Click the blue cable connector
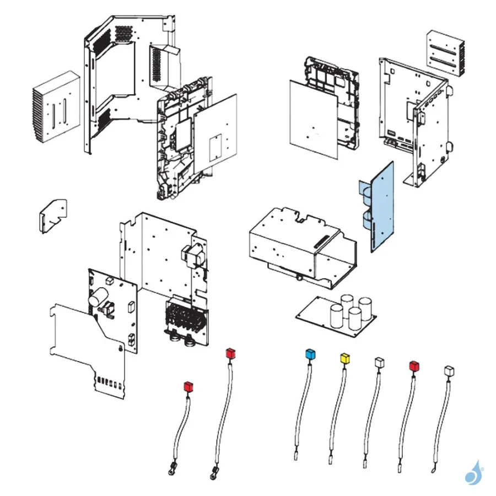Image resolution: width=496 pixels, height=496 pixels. coord(310,353)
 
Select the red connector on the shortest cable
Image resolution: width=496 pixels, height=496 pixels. coord(188,386)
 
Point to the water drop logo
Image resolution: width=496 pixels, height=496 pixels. coord(473,473)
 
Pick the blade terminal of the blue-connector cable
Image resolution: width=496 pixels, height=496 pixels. coord(296,455)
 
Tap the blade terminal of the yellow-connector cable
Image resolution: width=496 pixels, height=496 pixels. coord(331,458)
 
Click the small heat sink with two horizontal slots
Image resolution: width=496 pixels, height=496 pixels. coord(445,53)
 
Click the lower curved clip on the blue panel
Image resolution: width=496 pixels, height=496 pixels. coord(366,221)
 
